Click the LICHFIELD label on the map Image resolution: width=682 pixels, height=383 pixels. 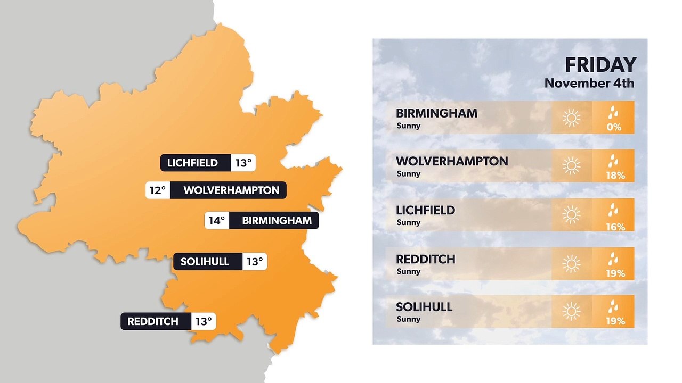pyautogui.click(x=192, y=163)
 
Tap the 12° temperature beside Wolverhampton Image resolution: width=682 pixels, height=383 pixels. pyautogui.click(x=158, y=190)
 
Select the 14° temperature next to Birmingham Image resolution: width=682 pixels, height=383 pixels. pyautogui.click(x=217, y=221)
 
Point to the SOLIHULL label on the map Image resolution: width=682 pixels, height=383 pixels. pyautogui.click(x=205, y=262)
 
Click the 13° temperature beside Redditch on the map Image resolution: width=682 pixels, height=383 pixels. pyautogui.click(x=204, y=321)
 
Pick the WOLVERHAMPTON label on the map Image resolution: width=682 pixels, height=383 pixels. pyautogui.click(x=231, y=190)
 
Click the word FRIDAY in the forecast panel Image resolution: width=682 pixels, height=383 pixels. pyautogui.click(x=600, y=65)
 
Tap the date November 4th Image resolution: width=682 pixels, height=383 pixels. pyautogui.click(x=589, y=84)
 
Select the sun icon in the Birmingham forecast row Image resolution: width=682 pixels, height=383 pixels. pyautogui.click(x=571, y=118)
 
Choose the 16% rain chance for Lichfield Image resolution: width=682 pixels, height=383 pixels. pyautogui.click(x=615, y=227)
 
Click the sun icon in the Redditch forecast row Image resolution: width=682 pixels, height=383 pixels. pyautogui.click(x=571, y=264)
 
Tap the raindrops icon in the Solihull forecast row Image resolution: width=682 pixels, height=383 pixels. pyautogui.click(x=614, y=306)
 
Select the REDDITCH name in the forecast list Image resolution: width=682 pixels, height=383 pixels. pyautogui.click(x=425, y=260)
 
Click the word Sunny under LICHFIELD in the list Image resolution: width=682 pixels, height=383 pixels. pyautogui.click(x=409, y=222)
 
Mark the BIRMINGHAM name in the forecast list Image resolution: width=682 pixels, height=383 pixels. pyautogui.click(x=436, y=113)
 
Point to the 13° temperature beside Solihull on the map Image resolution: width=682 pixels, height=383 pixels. pyautogui.click(x=254, y=262)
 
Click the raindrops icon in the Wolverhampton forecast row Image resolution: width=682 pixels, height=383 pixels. pyautogui.click(x=614, y=161)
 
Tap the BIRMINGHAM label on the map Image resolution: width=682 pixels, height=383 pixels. pyautogui.click(x=277, y=221)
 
